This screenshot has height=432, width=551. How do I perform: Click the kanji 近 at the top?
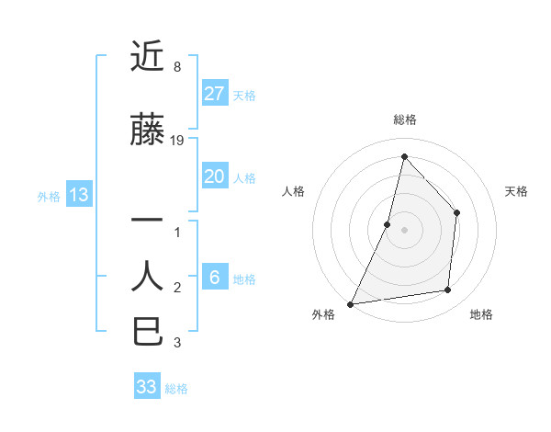[x=148, y=57]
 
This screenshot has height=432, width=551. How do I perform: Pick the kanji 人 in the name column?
[x=148, y=276]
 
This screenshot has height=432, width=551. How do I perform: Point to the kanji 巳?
[x=148, y=330]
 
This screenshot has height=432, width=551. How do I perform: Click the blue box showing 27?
[x=215, y=94]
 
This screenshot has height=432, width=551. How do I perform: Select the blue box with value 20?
[x=215, y=176]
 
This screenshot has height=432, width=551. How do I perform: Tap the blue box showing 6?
[x=215, y=278]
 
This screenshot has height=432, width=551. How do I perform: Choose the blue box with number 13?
[x=78, y=195]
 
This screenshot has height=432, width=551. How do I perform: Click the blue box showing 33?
[x=147, y=387]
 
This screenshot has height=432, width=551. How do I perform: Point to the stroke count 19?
[x=177, y=141]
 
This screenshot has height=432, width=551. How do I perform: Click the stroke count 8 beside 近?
[x=177, y=67]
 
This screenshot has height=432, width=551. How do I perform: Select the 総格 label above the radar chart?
[x=404, y=119]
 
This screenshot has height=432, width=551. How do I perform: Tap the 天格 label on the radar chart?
[x=517, y=191]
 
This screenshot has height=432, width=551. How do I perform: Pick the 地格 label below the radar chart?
[x=481, y=314]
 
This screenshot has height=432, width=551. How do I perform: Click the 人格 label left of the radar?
[x=293, y=191]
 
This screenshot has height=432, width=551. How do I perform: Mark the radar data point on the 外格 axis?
[x=350, y=304]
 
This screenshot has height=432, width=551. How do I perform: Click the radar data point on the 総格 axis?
[x=404, y=156]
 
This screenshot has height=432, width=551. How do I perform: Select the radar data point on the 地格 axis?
[x=448, y=290]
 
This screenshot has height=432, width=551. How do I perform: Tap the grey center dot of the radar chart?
[x=404, y=230]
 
